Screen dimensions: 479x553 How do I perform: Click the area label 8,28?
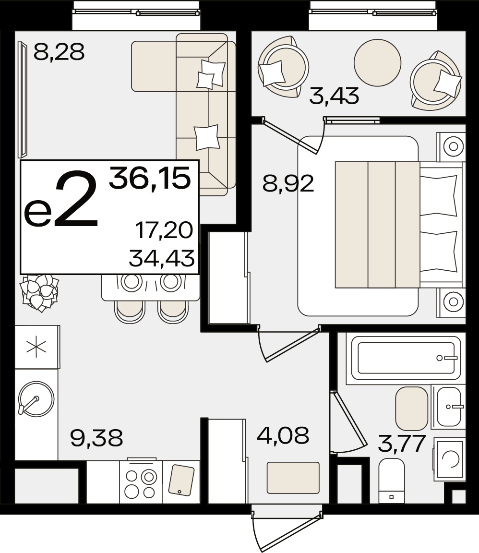(59, 52)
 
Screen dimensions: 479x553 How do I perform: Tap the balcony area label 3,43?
(334, 96)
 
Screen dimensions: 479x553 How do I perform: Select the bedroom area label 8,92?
(288, 184)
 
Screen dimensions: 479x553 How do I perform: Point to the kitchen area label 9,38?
(96, 438)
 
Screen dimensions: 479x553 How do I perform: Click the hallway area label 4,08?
(283, 435)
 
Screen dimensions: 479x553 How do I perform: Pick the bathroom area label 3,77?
(402, 444)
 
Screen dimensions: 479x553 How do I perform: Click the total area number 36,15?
(150, 178)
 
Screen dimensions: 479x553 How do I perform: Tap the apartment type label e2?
(61, 199)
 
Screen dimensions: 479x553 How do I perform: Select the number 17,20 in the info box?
(164, 230)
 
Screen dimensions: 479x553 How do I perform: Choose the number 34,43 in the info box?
(162, 258)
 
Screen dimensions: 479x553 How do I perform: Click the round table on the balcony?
(377, 63)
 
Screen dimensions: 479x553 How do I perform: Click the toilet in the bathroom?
(392, 481)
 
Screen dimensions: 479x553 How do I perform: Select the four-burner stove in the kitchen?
(141, 482)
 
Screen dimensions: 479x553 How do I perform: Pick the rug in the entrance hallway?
(293, 478)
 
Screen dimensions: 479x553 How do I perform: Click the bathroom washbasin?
(448, 407)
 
